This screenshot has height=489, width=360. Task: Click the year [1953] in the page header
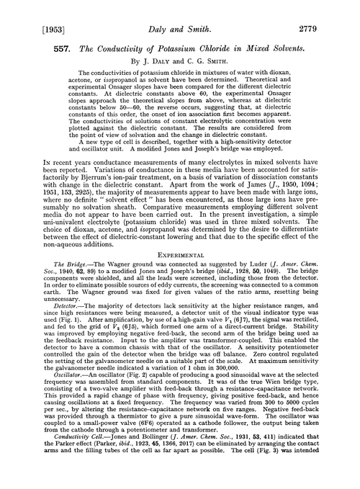coord(26,11)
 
